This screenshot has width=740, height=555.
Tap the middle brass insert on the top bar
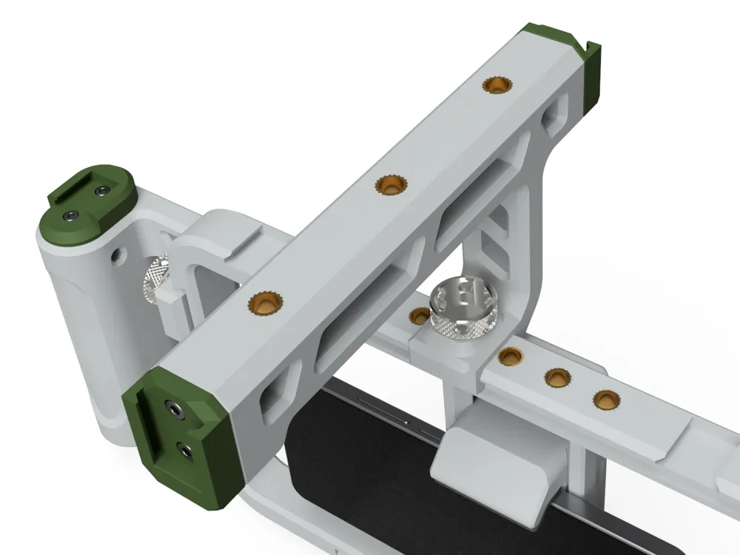click(x=388, y=186)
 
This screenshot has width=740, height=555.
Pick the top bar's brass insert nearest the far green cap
click(x=496, y=85)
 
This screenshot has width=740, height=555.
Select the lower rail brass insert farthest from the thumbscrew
click(x=606, y=400)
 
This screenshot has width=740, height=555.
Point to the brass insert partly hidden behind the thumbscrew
click(x=419, y=316)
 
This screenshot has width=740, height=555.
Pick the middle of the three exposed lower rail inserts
click(x=557, y=378)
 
